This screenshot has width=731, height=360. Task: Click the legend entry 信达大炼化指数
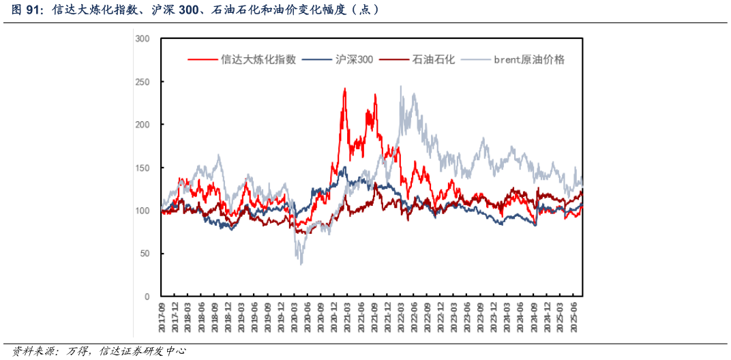click(258, 59)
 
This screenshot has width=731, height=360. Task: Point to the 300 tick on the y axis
click(143, 39)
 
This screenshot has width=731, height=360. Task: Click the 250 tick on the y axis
click(143, 82)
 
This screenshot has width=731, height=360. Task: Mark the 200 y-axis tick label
click(143, 125)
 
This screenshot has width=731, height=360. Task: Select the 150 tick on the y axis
click(143, 168)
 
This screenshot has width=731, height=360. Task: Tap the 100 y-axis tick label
click(143, 211)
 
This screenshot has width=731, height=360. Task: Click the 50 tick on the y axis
click(145, 254)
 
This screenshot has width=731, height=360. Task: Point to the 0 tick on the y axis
click(147, 297)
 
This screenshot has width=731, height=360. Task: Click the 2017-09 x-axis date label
click(162, 318)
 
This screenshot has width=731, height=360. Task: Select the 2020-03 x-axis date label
click(295, 318)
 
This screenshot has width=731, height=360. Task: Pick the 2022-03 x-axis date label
click(401, 318)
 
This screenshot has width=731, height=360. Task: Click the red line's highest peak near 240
click(344, 89)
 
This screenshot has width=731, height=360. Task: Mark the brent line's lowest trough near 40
click(301, 263)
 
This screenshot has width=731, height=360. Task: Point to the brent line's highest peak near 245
click(401, 87)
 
